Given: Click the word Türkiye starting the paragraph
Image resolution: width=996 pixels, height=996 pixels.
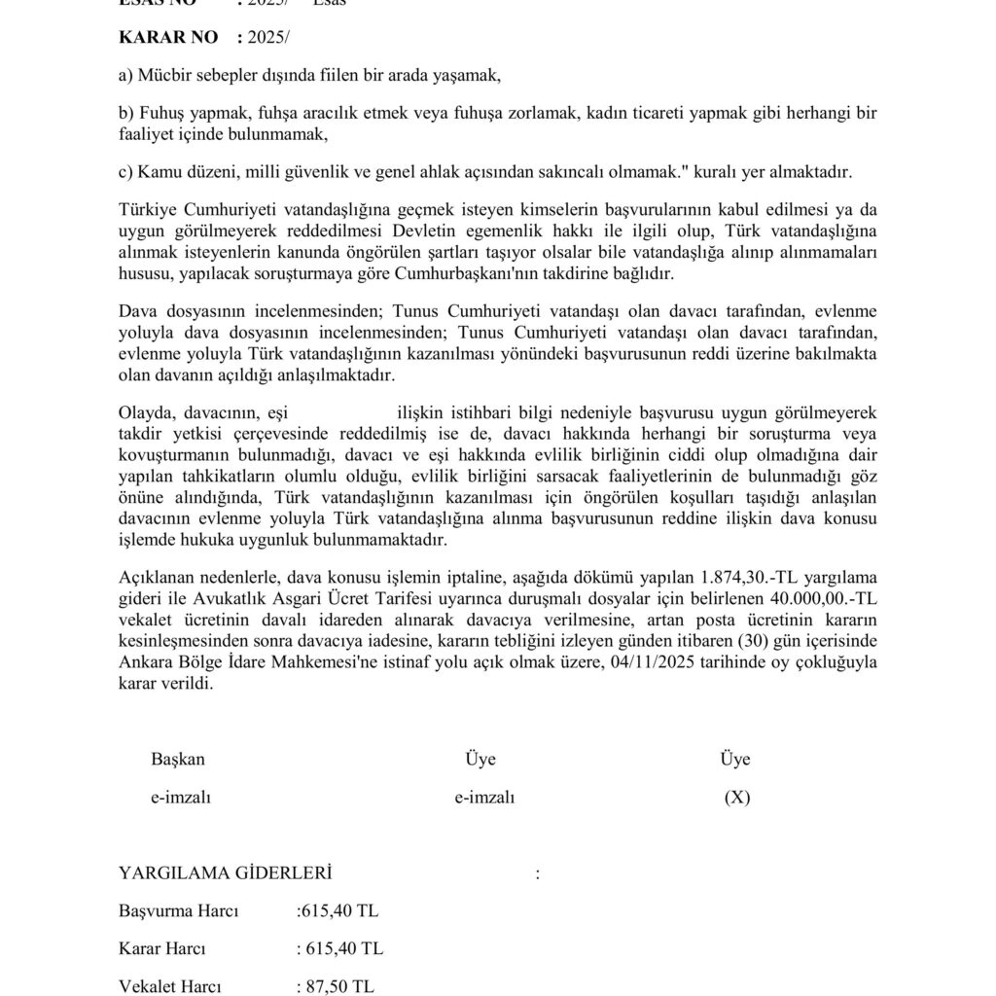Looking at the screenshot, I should [145, 209].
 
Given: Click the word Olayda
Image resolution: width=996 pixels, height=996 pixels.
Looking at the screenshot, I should [147, 412].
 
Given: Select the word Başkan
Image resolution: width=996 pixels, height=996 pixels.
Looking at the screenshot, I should [178, 760].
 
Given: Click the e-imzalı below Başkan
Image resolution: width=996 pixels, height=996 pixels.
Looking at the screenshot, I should [181, 798].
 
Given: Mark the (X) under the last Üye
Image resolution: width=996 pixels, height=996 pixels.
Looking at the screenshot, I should [737, 798].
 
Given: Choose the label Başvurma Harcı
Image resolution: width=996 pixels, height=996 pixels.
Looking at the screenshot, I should [181, 911].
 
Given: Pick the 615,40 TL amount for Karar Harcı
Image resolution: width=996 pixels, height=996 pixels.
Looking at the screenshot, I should [342, 948].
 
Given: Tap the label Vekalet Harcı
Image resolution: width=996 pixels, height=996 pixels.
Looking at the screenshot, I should [170, 986].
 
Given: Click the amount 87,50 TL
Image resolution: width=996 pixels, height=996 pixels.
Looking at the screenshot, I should [338, 986].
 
